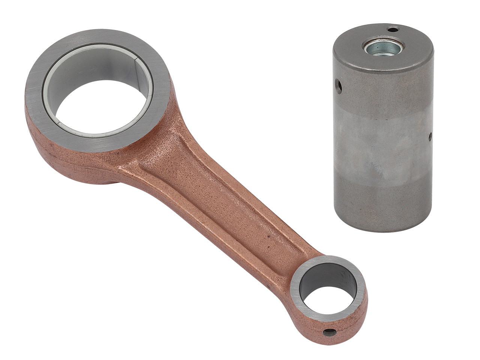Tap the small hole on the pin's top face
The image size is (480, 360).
(x=393, y=29)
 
